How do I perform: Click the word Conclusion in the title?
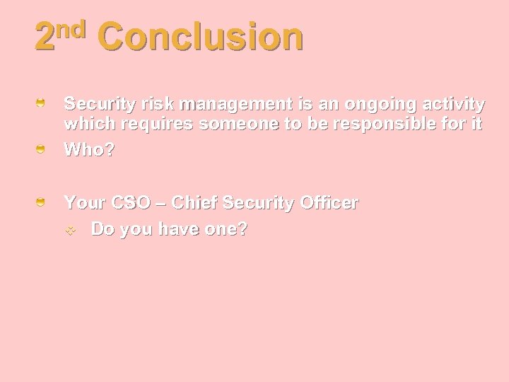tap(201, 37)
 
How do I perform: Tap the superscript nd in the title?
tap(71, 29)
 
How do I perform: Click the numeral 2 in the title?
tap(45, 38)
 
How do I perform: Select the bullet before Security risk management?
tap(42, 104)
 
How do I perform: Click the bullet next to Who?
tap(42, 149)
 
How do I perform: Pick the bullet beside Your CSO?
tap(42, 203)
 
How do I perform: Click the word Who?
tap(89, 150)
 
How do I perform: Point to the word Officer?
tap(329, 203)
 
